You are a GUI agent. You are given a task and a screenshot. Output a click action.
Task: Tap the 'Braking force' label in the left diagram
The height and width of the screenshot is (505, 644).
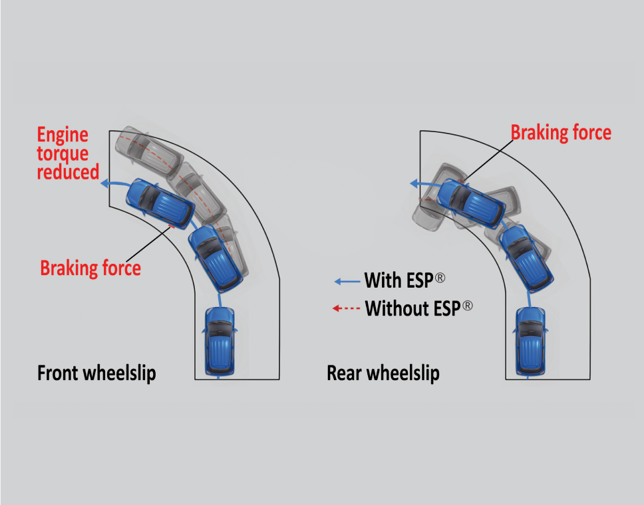coord(90,268)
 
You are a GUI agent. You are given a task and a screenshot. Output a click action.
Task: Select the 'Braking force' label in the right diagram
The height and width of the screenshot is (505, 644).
coord(561,132)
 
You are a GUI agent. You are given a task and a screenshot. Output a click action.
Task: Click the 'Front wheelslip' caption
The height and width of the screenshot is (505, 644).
coord(96,373)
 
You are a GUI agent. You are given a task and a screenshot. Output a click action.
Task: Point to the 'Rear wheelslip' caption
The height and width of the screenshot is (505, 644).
coord(383,373)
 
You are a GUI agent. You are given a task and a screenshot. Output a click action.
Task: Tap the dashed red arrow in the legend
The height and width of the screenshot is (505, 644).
coord(347,308)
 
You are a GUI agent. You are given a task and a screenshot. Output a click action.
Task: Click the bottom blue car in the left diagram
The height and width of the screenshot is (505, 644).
coord(220,339)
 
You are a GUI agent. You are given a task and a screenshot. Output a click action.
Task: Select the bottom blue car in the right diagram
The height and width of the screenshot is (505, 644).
coord(530,339)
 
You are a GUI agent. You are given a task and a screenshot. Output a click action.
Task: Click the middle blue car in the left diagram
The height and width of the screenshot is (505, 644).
coord(215,258)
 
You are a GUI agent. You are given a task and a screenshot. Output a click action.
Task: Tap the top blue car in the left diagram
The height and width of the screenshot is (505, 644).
coord(160,202)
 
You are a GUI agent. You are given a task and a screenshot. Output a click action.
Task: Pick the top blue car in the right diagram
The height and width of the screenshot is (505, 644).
coord(469,201)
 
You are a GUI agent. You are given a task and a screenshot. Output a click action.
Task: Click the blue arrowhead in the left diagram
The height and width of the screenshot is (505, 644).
coord(106,185)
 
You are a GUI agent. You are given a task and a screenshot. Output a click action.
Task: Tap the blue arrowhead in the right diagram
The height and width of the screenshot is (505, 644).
coord(414,184)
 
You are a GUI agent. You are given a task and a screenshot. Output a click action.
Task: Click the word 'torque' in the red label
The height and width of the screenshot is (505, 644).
coord(63,154)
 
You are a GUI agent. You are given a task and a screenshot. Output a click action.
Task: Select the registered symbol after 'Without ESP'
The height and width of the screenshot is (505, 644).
coord(468,306)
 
